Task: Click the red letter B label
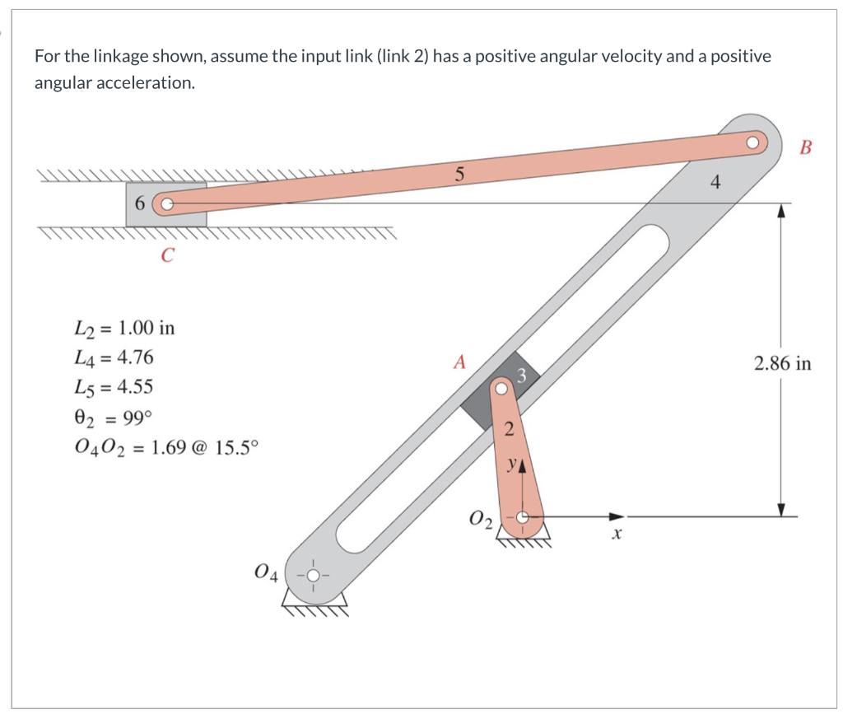coord(804,148)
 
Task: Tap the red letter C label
coord(167,256)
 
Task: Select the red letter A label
coord(459,361)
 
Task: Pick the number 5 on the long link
coord(459,174)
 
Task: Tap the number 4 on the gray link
coord(715,184)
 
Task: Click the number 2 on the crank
coord(508,427)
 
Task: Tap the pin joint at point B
coord(752,141)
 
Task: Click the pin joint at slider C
coord(166,203)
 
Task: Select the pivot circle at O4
coord(312,575)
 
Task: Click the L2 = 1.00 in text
coord(124,328)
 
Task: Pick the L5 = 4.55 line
coord(114,387)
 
